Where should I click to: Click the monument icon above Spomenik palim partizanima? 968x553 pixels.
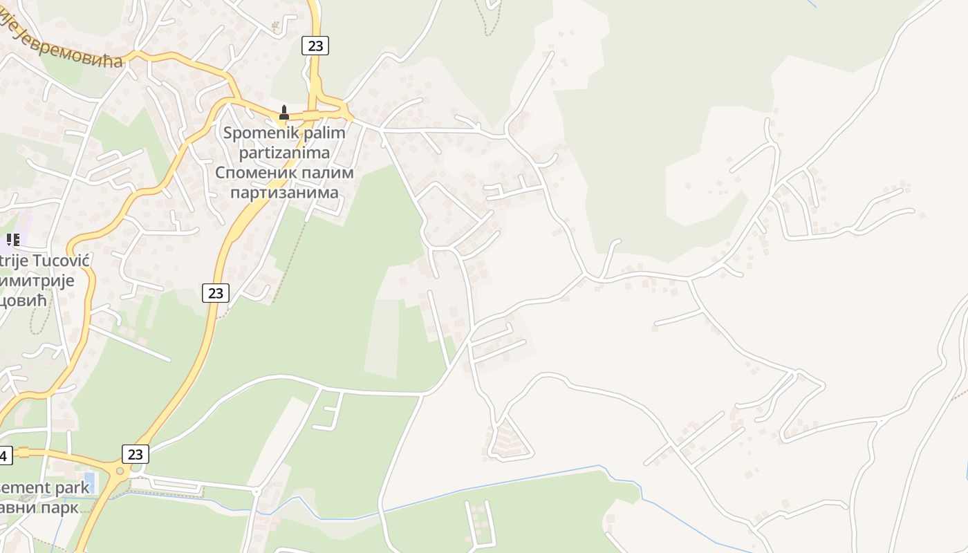pos(283,113)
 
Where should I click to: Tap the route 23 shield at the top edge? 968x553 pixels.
pos(315,46)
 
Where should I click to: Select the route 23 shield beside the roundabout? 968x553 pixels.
pos(135,454)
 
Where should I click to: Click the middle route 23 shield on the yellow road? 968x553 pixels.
pos(216,293)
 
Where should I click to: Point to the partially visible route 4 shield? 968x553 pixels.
pos(4,456)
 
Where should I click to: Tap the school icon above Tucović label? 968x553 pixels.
pos(12,240)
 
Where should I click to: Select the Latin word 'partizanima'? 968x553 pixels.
pos(284,152)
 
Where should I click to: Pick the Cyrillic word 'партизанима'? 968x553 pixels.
pos(284,192)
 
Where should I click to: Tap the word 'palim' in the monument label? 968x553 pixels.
pos(324,132)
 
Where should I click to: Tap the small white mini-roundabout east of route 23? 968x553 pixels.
pos(256,491)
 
